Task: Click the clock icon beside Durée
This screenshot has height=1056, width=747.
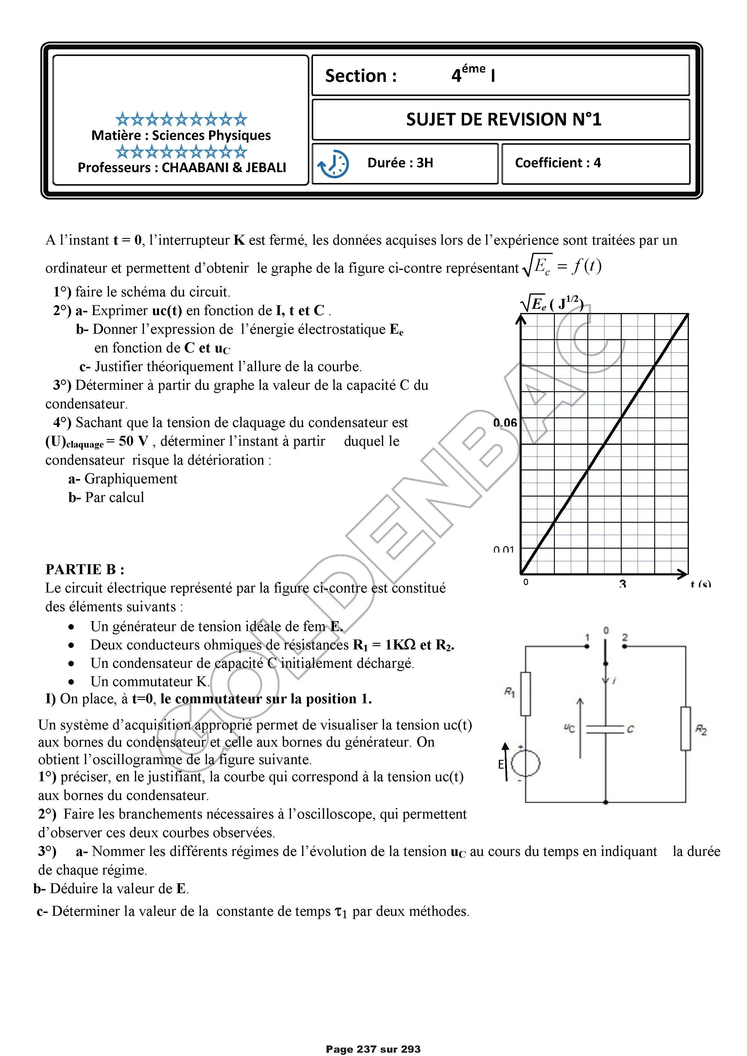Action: coord(333,164)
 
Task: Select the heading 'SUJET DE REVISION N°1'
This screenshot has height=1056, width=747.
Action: coord(504,119)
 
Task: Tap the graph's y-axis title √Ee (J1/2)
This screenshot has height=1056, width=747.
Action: coord(552,304)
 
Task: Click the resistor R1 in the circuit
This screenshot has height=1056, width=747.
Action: coord(525,694)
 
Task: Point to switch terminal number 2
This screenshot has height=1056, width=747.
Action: coord(625,646)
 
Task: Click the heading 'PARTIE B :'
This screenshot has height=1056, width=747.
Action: coord(85,569)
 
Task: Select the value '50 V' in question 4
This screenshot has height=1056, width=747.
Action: coord(133,441)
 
